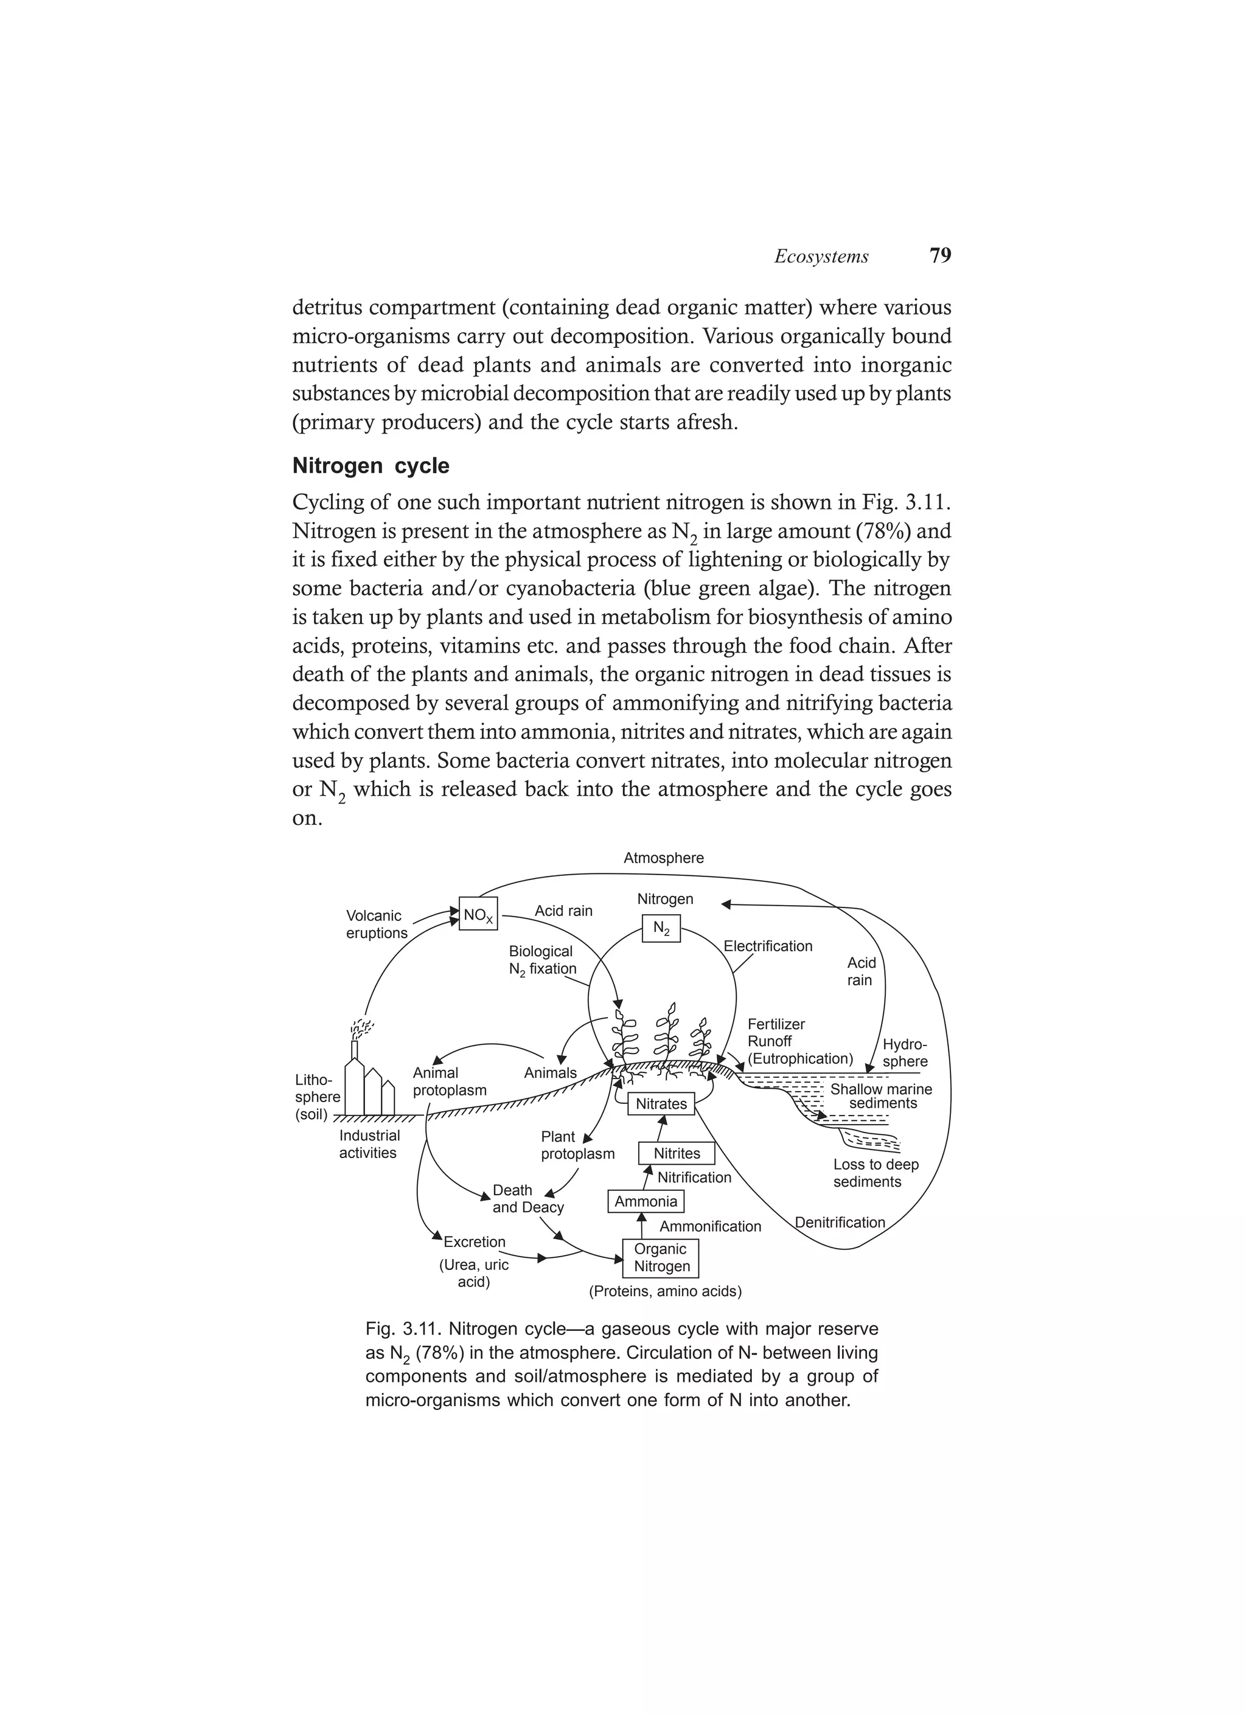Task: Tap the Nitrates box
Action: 661,1104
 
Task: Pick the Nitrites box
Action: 677,1153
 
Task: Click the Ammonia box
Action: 646,1202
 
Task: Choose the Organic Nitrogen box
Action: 661,1258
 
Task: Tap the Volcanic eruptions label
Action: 376,925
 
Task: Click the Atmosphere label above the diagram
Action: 663,858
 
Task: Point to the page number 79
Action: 940,255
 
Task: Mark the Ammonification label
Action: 710,1226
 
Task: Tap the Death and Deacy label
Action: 527,1199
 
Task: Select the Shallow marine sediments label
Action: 881,1097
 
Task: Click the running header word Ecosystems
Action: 821,257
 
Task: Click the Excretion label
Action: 474,1241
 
